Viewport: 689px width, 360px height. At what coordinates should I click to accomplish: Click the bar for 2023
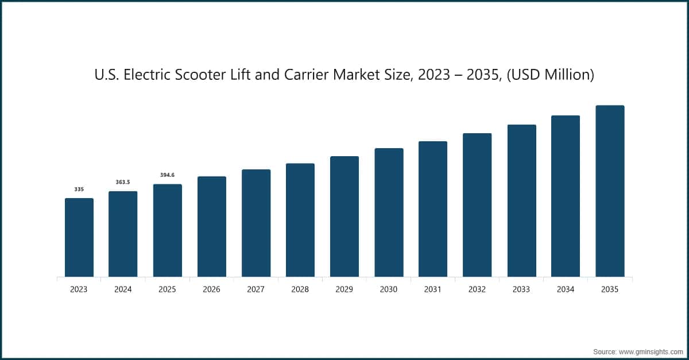tap(79, 238)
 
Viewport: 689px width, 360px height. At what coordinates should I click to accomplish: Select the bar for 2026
tap(211, 227)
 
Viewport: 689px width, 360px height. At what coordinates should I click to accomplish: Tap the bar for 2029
tap(344, 216)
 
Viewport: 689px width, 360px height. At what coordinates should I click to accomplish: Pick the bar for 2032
tap(477, 205)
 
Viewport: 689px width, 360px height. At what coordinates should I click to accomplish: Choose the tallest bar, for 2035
tap(610, 191)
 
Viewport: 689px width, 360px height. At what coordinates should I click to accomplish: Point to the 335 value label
tap(79, 189)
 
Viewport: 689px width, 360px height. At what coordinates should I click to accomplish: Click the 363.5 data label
tap(123, 182)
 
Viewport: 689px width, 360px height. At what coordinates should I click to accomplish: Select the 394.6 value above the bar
tap(167, 175)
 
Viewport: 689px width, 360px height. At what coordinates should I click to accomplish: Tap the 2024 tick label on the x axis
tap(123, 290)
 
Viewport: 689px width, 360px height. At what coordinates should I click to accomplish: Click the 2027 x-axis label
tap(256, 290)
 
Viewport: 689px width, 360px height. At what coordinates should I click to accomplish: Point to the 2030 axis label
tap(389, 290)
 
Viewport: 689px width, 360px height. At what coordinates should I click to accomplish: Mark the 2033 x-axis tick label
tap(521, 290)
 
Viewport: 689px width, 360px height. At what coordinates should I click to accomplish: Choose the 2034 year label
tap(566, 290)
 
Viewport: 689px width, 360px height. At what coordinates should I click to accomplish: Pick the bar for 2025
tap(167, 231)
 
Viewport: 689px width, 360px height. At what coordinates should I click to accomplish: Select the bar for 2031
tap(433, 209)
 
